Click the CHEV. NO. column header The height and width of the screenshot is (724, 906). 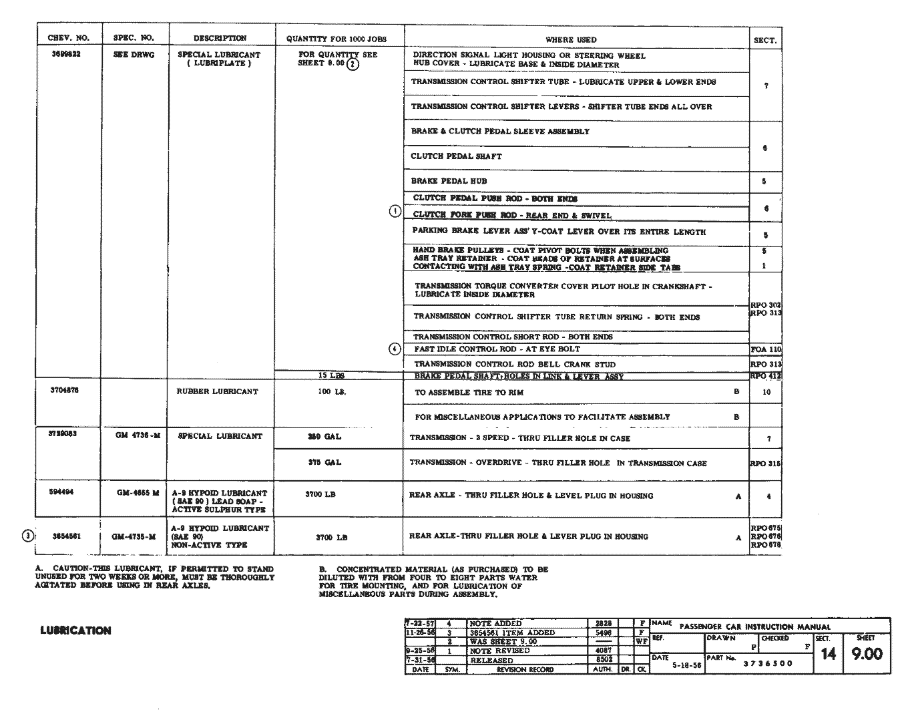point(68,38)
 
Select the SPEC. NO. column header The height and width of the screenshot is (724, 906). point(134,38)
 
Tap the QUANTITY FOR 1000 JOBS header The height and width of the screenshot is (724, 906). point(336,39)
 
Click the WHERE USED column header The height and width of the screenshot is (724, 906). point(571,39)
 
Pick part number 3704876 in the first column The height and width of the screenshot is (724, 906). point(65,390)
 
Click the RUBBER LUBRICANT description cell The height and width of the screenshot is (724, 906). point(217,391)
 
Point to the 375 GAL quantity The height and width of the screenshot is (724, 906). point(324,462)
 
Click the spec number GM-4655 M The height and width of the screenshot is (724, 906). point(138,493)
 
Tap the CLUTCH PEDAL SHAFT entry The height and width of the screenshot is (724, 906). point(456,156)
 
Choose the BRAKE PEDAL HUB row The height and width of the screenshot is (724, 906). point(449,181)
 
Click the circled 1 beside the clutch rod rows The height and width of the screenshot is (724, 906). point(395,212)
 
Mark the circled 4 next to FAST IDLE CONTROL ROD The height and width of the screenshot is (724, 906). point(395,349)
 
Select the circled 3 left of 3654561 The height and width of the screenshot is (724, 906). point(27,536)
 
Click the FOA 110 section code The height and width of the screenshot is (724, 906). point(765,349)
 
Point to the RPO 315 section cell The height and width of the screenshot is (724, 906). point(765,463)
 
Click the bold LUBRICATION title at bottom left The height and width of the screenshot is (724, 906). point(75,630)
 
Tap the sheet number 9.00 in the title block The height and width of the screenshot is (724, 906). point(867,654)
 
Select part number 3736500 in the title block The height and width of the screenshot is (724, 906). point(768,664)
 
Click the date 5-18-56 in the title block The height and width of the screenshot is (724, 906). point(686,666)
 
